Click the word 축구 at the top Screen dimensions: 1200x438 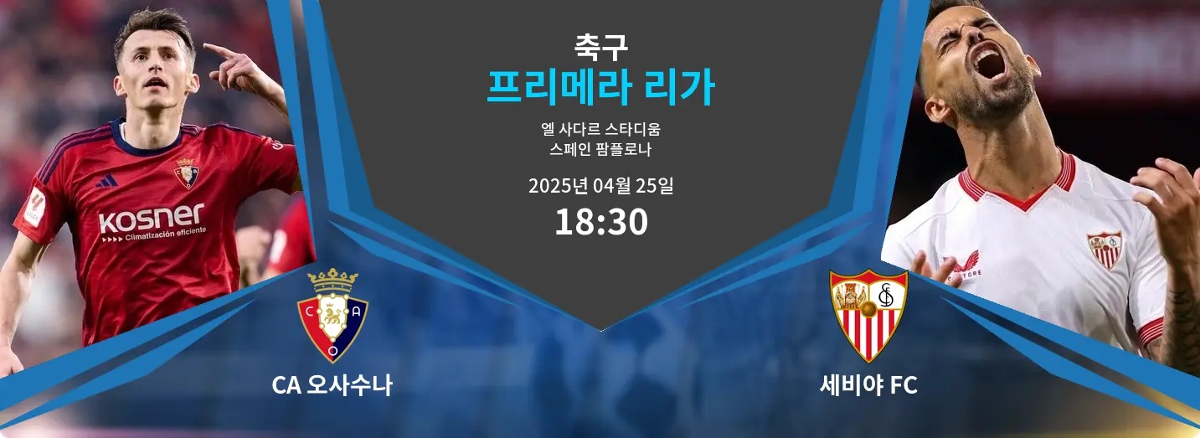(600, 47)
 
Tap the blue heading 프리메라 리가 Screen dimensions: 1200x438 (600, 88)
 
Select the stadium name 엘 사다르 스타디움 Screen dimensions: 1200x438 (600, 129)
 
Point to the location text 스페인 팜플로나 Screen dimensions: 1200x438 (600, 149)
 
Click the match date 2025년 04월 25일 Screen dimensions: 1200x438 (600, 186)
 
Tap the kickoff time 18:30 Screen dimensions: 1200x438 (601, 222)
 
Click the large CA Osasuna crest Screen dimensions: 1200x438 (332, 316)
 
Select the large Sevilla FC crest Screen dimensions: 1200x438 (868, 316)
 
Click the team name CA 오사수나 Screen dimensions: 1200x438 (332, 385)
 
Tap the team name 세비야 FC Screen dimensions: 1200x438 (868, 385)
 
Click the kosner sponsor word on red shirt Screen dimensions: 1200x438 (152, 217)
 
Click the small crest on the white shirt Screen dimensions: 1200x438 (1105, 249)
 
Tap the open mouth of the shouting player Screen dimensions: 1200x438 (991, 62)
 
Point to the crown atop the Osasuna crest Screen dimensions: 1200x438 (332, 280)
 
